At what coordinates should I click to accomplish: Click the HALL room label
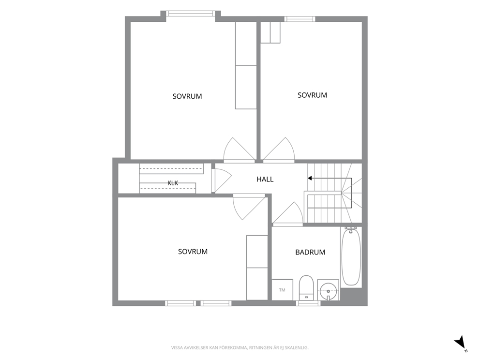(265, 180)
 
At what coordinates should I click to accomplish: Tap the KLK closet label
(173, 183)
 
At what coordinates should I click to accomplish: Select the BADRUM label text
(310, 252)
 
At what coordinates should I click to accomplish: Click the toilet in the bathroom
(306, 288)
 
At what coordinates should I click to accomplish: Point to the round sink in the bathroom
(328, 289)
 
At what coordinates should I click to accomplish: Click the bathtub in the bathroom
(351, 256)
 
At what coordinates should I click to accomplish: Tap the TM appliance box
(282, 289)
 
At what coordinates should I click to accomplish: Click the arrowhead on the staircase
(310, 178)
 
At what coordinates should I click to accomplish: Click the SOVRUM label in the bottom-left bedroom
(193, 252)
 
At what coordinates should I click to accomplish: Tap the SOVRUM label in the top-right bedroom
(312, 95)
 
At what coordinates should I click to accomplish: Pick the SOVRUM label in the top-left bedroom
(187, 96)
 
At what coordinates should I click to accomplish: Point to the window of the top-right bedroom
(300, 19)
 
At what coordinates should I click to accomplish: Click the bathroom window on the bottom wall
(308, 303)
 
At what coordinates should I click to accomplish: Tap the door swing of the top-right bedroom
(279, 150)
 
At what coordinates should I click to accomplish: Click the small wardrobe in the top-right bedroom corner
(270, 32)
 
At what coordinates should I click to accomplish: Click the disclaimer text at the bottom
(240, 348)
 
